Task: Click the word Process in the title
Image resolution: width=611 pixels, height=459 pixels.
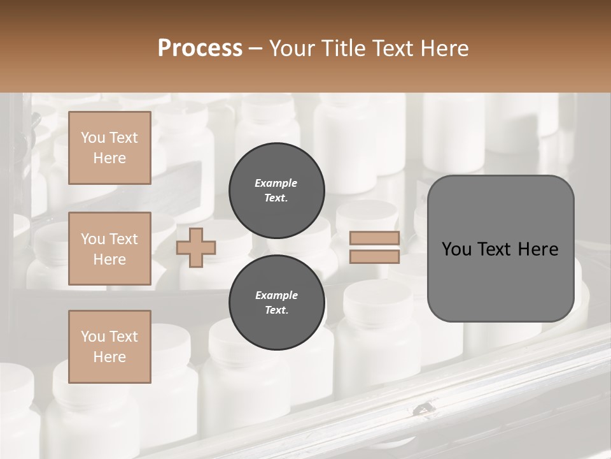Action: coord(200,48)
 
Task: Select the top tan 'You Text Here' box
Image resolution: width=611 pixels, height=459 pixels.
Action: coord(109,148)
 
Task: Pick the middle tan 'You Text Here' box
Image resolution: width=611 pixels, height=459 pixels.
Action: coord(109,249)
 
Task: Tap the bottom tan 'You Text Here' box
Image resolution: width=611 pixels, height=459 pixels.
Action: coord(109,347)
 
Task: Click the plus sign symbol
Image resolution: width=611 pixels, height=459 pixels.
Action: coord(196,247)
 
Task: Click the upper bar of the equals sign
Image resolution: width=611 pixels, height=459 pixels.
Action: coord(374,238)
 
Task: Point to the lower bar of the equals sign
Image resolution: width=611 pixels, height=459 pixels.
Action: coord(374,257)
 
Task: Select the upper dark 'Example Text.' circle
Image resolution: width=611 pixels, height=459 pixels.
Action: coord(277,190)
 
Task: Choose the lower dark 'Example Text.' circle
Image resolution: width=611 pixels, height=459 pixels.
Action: coord(277,302)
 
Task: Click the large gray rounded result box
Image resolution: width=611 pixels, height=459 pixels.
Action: coord(500,248)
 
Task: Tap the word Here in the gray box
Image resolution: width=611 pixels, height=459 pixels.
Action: coord(538,249)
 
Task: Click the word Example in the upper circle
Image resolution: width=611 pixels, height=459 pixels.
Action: coord(276,183)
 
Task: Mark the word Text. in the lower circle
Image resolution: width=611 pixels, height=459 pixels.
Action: coord(276,310)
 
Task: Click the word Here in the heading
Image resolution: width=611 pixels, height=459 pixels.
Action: coord(443,48)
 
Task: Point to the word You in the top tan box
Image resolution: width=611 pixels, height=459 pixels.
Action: coord(92,138)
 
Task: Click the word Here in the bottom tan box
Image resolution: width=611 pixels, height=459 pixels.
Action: coord(109,357)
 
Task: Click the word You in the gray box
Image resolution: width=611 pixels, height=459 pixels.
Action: coord(456,249)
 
